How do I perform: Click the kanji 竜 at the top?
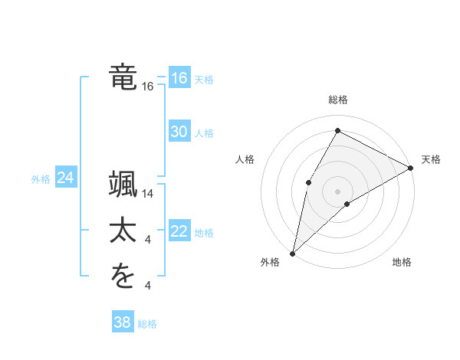(123, 77)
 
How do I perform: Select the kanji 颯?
(123, 185)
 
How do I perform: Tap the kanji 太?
(123, 231)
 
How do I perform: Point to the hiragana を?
(123, 277)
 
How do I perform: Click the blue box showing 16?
(179, 77)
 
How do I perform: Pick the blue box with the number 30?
(179, 132)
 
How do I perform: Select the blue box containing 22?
(179, 231)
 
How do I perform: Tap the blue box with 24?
(66, 178)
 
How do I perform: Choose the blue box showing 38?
(123, 322)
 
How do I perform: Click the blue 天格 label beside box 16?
(204, 79)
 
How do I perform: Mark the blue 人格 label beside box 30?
(204, 133)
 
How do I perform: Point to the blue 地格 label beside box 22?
(204, 233)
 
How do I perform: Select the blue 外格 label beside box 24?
(41, 179)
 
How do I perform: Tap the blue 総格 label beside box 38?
(147, 324)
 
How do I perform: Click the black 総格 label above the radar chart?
(337, 100)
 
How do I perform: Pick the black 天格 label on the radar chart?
(431, 159)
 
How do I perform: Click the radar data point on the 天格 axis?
(411, 168)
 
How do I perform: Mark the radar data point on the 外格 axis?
(292, 253)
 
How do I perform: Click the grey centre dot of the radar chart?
(337, 191)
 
